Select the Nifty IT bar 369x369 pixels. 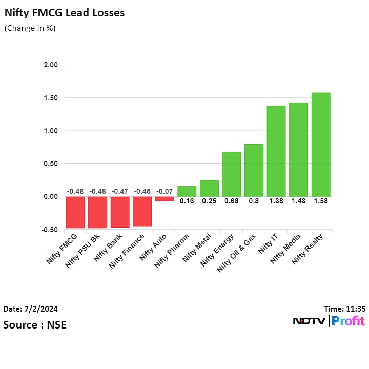pos(276,151)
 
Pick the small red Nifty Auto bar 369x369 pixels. pos(165,199)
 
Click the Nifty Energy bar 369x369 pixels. pos(231,174)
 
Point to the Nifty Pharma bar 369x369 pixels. pos(187,191)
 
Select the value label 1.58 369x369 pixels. pos(321,201)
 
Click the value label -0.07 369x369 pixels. pos(165,192)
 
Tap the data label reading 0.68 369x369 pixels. pos(231,201)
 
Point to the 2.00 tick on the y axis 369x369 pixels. pos(51,65)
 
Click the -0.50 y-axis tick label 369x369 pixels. pos(50,230)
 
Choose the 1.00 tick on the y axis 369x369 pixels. pos(51,131)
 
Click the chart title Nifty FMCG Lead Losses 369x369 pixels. pos(65,13)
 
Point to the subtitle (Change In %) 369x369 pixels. pos(30,28)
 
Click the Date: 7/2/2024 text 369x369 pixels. pos(31,309)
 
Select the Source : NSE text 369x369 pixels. pos(35,325)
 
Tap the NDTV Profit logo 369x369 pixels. pos(329,321)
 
